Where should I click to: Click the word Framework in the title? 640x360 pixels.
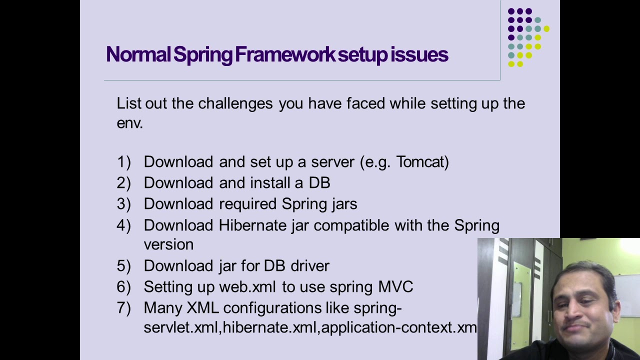tap(285, 54)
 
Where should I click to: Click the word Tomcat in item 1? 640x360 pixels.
tap(422, 162)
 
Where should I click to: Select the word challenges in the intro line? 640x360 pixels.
tap(235, 103)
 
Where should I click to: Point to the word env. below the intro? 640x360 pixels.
tap(129, 123)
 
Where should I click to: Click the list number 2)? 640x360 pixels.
tap(123, 183)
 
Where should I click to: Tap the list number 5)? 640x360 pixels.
tap(123, 266)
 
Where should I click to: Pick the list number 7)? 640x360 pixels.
tap(123, 308)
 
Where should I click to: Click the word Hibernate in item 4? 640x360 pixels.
tap(252, 225)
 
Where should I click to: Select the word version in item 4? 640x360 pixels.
tap(168, 244)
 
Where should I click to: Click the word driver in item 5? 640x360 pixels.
tap(310, 266)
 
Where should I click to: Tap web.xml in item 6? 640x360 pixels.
tap(247, 287)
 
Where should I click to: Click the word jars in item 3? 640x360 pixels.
tap(344, 204)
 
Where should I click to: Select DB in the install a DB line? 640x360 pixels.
tap(319, 183)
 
